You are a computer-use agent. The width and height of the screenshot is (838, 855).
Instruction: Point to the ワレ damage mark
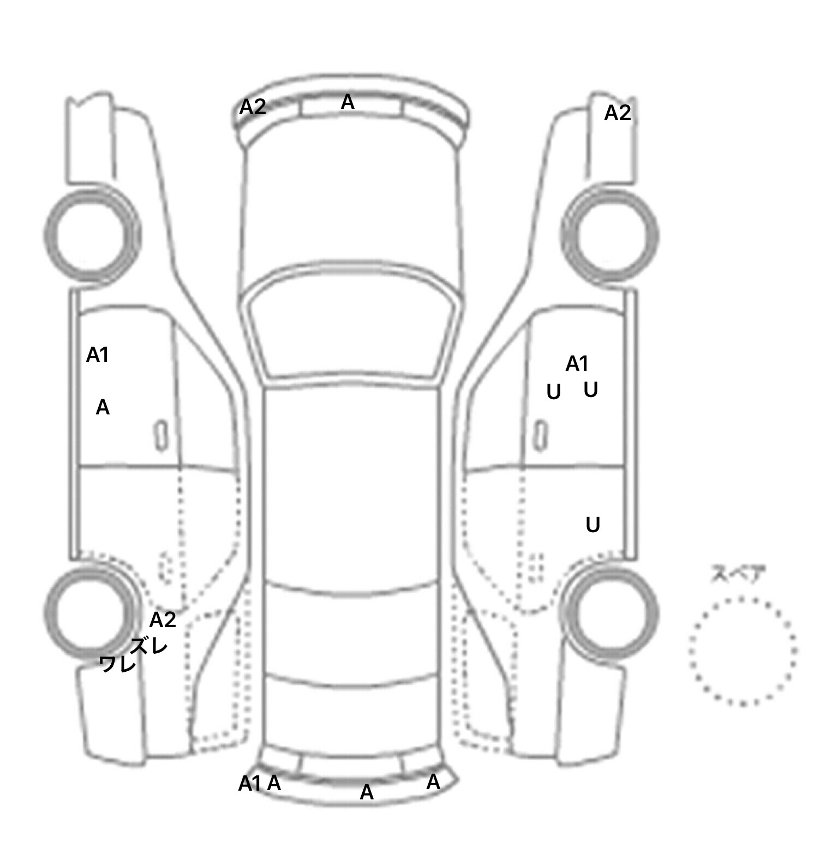coord(118,664)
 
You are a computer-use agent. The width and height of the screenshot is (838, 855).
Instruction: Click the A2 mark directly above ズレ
coord(163,620)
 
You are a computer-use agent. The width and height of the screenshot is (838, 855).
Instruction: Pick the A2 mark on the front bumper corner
coord(253,107)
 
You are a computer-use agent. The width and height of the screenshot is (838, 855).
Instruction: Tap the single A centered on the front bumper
coord(348,102)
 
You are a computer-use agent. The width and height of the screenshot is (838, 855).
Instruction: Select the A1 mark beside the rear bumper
coord(250,784)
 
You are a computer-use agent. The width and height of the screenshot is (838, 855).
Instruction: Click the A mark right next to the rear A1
coord(274,783)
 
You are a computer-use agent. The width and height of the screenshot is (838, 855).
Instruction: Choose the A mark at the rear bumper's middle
coord(367,792)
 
